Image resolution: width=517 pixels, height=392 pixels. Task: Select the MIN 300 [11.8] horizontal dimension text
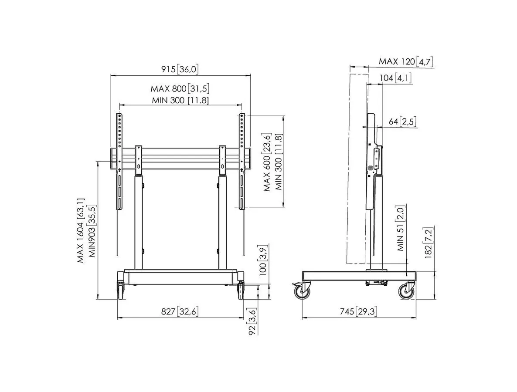tap(180, 100)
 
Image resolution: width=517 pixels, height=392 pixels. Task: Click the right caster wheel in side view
tap(406, 291)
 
